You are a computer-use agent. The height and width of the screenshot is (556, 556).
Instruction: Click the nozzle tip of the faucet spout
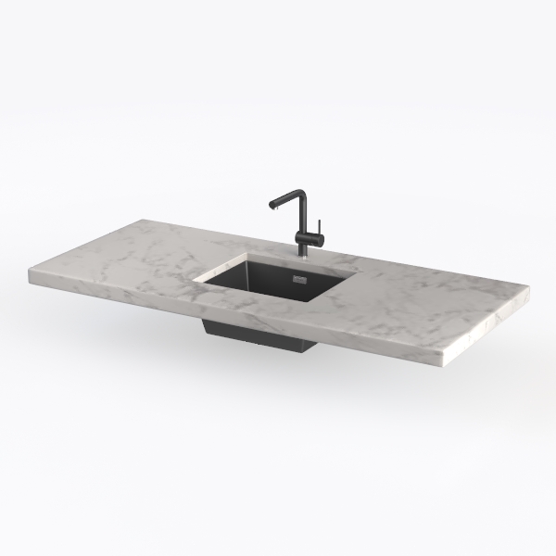pyautogui.click(x=271, y=208)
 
